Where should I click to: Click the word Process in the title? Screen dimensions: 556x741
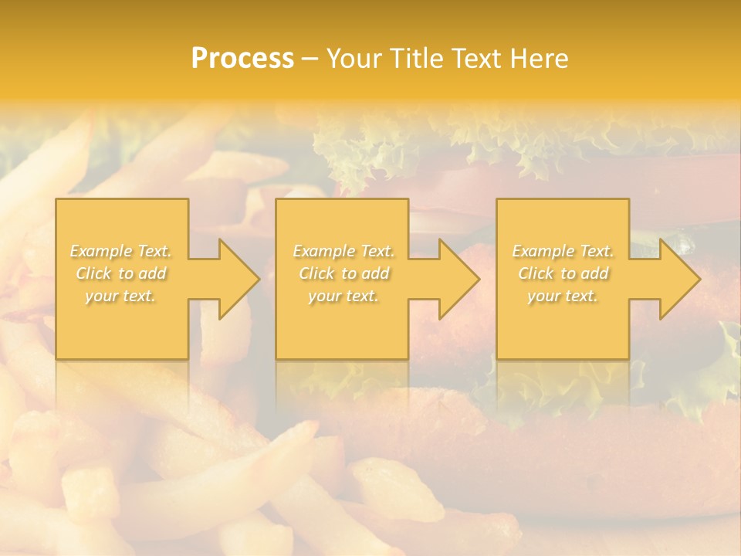point(242,58)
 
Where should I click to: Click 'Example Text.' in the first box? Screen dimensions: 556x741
point(121,251)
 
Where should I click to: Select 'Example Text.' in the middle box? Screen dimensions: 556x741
point(343,251)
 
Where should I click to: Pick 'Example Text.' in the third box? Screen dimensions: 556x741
point(563,251)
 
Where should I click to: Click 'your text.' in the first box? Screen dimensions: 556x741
point(121,296)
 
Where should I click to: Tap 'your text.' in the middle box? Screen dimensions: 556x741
point(343,296)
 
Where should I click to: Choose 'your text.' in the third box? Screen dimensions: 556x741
point(563,296)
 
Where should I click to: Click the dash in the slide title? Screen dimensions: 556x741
point(309,59)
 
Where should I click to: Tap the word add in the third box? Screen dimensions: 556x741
point(595,273)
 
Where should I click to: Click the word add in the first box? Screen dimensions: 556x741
point(153,273)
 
